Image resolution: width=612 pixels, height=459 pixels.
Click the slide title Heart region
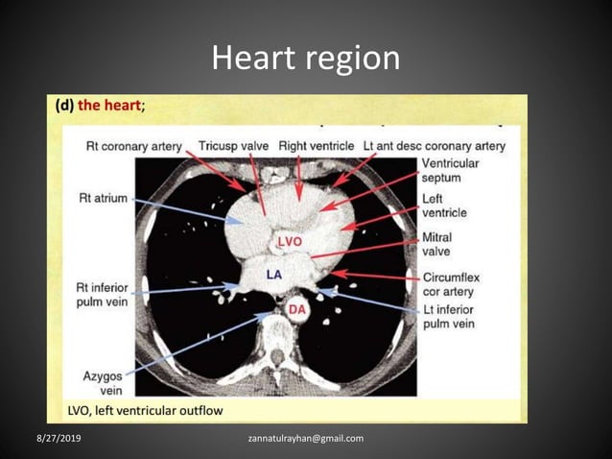pyautogui.click(x=305, y=59)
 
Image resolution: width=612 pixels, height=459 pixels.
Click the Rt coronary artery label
pyautogui.click(x=133, y=146)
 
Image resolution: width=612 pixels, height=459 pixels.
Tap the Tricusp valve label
pyautogui.click(x=234, y=146)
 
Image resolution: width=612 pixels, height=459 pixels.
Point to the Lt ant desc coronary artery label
pyautogui.click(x=435, y=146)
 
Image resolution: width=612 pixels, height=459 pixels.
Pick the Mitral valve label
pyautogui.click(x=440, y=244)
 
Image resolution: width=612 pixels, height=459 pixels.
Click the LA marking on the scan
pyautogui.click(x=273, y=274)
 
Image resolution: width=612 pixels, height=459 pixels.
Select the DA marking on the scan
pyautogui.click(x=297, y=308)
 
